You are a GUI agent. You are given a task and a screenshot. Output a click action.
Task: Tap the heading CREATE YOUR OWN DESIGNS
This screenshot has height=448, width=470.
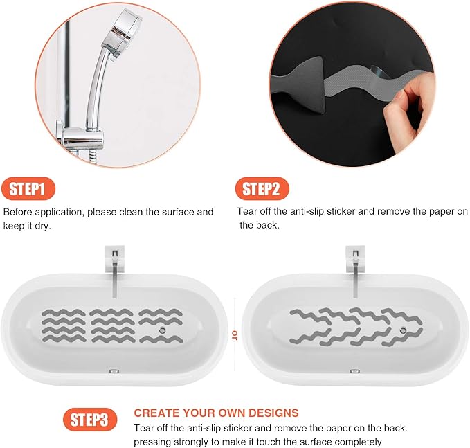pos(216,413)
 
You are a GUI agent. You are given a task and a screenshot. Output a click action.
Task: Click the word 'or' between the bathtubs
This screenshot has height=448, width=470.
pos(235,336)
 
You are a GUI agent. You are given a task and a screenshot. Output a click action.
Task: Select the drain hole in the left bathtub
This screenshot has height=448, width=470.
pos(161,331)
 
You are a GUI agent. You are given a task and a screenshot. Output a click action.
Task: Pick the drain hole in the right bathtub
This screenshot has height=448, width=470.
pos(404,331)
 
